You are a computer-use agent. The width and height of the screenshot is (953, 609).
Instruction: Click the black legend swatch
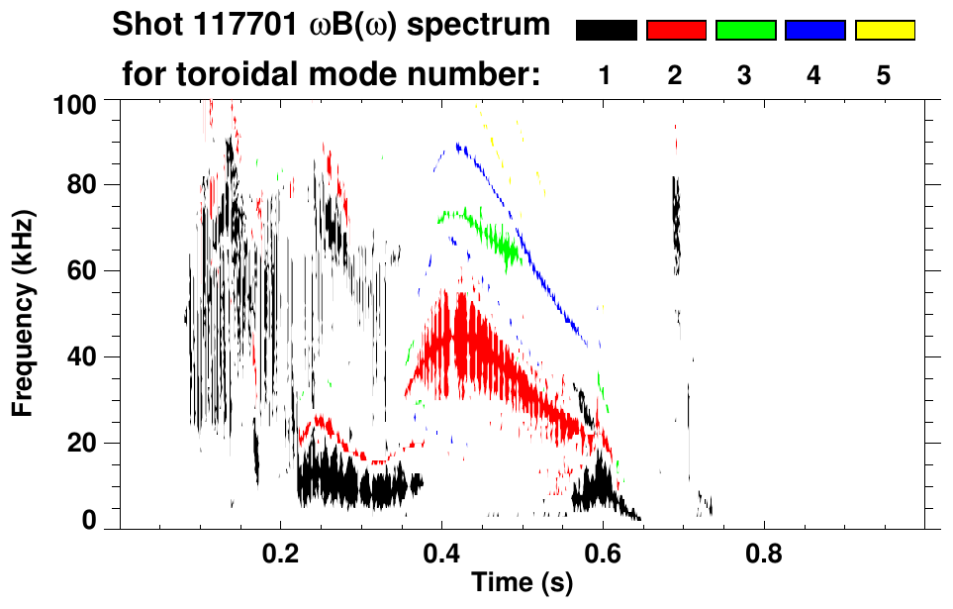coord(606,31)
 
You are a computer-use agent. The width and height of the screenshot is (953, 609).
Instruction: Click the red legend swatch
coord(676,31)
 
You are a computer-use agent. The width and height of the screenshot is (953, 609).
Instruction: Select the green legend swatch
coord(745,31)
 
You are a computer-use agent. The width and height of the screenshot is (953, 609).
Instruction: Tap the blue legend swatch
coord(814,31)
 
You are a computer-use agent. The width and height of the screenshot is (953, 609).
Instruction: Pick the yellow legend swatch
coord(885,31)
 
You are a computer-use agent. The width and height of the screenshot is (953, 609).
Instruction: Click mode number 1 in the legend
coord(606,76)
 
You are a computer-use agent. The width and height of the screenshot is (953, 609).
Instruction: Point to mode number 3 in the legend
coord(745,76)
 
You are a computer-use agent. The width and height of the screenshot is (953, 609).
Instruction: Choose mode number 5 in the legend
coord(884,76)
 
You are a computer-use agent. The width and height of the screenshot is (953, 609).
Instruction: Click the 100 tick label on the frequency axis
coord(75,103)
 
